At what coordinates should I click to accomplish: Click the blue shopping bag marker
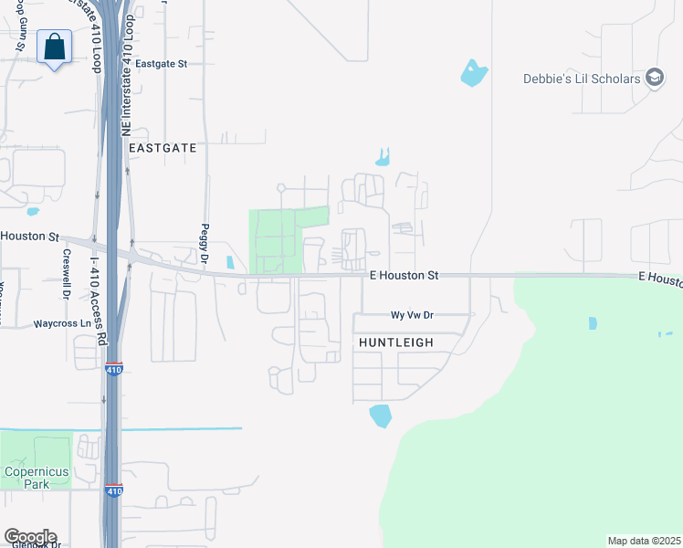tap(55, 47)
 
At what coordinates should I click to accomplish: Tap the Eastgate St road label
tap(161, 64)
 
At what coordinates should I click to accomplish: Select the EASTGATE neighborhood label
tap(163, 147)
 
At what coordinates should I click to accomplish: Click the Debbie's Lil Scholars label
tap(582, 79)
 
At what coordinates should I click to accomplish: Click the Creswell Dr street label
tap(67, 274)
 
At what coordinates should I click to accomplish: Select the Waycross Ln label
tap(63, 323)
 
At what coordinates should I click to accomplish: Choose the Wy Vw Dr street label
tap(412, 315)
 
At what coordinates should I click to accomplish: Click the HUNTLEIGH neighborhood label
tap(396, 342)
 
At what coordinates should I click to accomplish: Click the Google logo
tap(30, 537)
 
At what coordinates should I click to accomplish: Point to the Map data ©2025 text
tap(644, 541)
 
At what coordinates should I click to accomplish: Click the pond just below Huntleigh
tap(380, 416)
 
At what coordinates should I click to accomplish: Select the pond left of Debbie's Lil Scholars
tap(473, 72)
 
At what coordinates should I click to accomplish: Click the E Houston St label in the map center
tap(404, 274)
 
